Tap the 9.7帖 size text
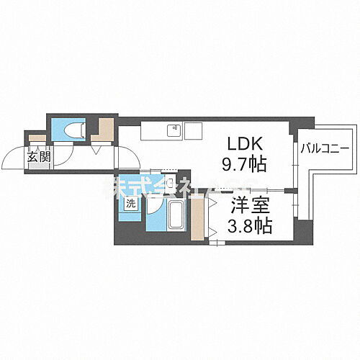pos(245,165)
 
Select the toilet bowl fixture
pos(75,130)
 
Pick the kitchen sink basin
pos(174,131)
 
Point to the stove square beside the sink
pos(193,131)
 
